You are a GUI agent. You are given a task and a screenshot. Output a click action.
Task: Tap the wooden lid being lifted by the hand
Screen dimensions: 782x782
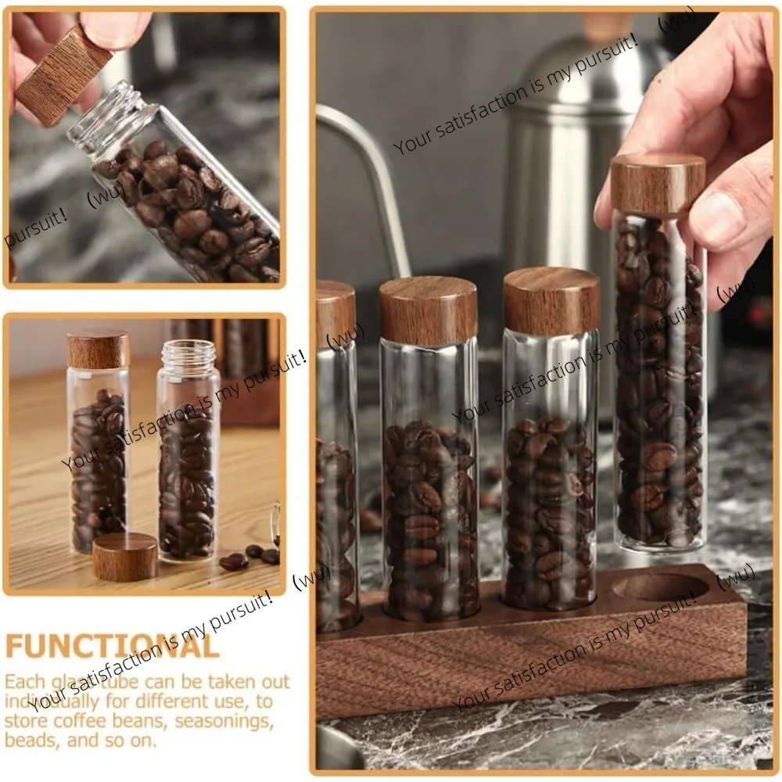click(658, 184)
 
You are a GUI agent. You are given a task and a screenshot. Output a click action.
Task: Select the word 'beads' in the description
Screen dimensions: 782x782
click(32, 740)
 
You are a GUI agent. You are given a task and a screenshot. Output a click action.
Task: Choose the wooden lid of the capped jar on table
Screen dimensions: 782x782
click(98, 349)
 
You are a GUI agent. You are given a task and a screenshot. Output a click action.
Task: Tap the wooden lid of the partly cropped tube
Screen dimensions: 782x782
click(335, 313)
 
